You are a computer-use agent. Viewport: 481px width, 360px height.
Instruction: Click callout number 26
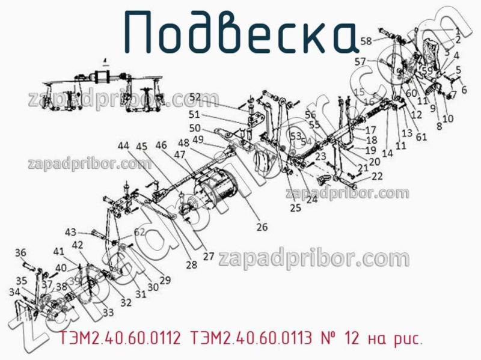(x=262, y=227)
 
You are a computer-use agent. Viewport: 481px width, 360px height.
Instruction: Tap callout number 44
(x=123, y=145)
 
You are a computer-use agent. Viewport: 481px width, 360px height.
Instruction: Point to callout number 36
(x=20, y=252)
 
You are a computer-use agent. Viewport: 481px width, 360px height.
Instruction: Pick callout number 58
(x=366, y=40)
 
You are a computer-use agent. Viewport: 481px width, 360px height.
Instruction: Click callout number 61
(x=421, y=137)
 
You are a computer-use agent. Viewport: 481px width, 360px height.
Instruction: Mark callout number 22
(x=377, y=176)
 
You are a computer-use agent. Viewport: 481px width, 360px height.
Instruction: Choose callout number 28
(x=191, y=264)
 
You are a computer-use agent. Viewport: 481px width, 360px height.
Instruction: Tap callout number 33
(x=108, y=312)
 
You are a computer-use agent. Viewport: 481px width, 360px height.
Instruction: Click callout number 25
(x=295, y=208)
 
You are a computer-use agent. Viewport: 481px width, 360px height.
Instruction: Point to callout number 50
(x=195, y=128)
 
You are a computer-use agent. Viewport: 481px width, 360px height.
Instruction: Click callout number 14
(x=387, y=153)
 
